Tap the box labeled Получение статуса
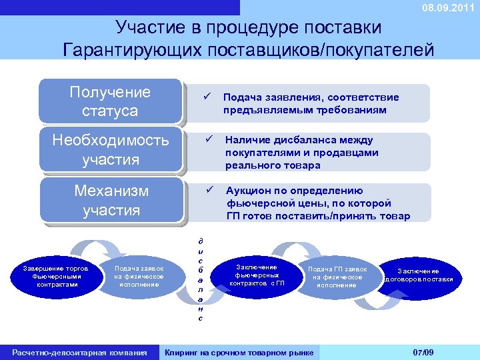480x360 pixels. click(110, 101)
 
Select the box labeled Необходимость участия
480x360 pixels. click(110, 150)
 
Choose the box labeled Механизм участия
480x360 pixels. click(110, 200)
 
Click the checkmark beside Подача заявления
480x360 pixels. click(207, 97)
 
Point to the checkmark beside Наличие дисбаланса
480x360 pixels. click(208, 140)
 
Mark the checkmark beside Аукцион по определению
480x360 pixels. click(208, 190)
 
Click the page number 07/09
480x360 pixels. click(423, 352)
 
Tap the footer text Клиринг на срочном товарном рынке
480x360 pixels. click(240, 352)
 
